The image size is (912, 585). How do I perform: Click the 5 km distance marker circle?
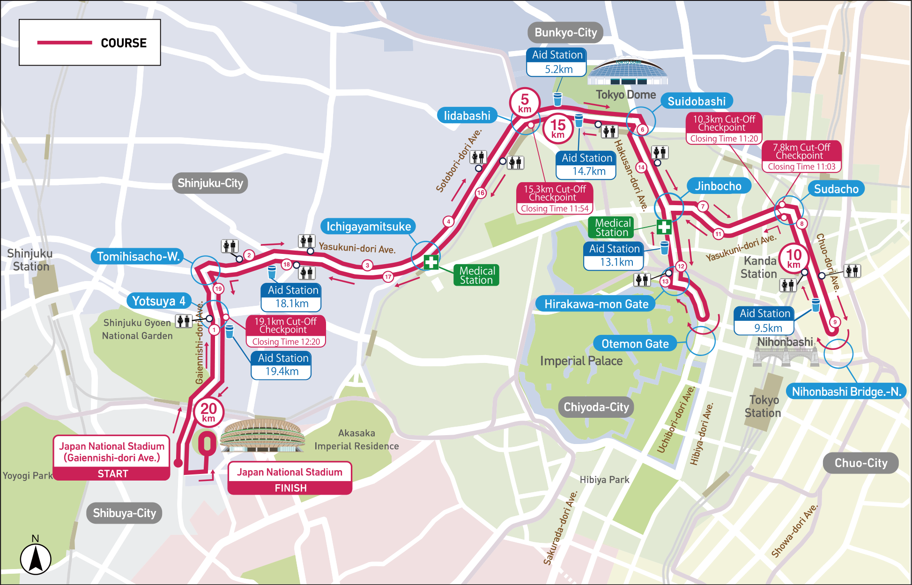525,102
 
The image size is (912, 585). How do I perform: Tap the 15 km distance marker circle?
558,128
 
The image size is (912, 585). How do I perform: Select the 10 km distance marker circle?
793,258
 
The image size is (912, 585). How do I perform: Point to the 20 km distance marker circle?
208,412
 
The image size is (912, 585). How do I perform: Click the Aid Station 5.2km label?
556,62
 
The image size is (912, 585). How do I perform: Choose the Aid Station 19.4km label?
282,365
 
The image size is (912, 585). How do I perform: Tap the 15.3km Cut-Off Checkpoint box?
555,198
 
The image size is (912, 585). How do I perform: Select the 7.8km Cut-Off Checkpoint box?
801,156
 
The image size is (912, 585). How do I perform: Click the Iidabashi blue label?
467,116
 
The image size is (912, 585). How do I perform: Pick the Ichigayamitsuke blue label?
368,227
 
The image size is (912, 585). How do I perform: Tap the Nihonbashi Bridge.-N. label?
846,392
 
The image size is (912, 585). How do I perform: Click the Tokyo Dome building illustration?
627,72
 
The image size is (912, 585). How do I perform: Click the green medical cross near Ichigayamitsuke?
431,262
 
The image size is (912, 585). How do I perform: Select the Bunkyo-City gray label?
565,32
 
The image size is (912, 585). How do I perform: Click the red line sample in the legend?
65,43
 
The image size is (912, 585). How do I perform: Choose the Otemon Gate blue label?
635,344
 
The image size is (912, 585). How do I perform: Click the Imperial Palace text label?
581,361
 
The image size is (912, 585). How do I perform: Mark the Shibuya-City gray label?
124,513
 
